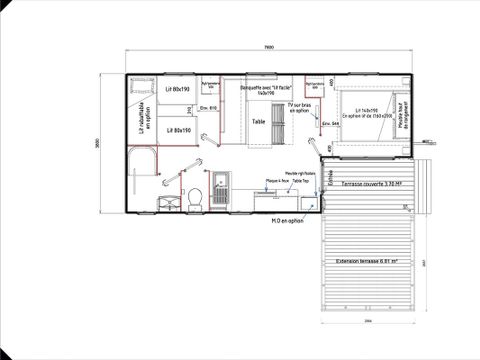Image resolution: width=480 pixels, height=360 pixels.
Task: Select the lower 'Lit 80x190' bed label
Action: (177, 130)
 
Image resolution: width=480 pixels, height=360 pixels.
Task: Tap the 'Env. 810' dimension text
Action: (209, 106)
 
